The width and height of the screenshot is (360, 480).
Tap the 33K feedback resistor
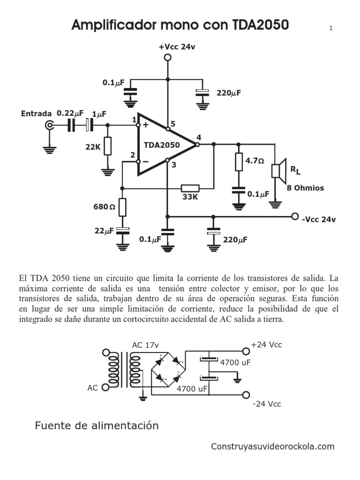coord(190,188)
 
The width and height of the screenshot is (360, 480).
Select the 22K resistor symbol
coord(108,146)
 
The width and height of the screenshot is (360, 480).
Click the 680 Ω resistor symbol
coord(123,207)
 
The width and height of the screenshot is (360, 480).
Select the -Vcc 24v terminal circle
coord(295,217)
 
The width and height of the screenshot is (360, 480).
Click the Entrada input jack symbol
coord(49,125)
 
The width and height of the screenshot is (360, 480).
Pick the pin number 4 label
coord(199,137)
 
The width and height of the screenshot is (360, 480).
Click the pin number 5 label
coord(173,124)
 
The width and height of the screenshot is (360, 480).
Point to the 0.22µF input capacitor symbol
coord(71,125)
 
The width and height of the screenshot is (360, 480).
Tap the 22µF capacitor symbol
coord(123,230)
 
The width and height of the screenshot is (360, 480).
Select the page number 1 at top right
coord(331,29)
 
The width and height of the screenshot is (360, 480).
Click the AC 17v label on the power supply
coord(145,345)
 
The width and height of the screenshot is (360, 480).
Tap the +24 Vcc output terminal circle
coord(245,351)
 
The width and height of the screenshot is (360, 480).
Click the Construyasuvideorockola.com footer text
coord(273,446)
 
